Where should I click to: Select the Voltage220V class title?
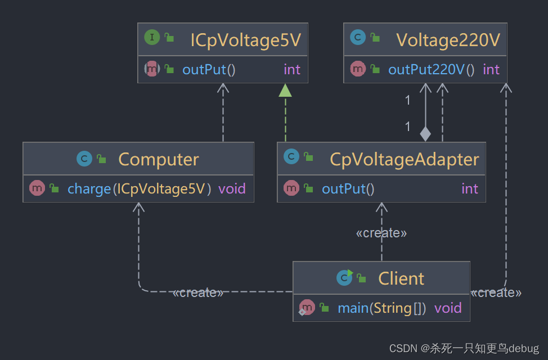[x=448, y=40]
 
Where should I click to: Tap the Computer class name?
[x=158, y=159]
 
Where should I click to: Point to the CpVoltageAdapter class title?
[x=404, y=159]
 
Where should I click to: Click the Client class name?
[x=401, y=278]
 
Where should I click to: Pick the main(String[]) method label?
[x=381, y=308]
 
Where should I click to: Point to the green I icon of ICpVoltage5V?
[x=151, y=38]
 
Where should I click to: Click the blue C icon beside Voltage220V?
[x=357, y=38]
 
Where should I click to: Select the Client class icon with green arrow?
[x=344, y=277]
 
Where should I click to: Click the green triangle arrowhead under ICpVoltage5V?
[x=285, y=90]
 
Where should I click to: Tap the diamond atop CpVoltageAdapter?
[x=425, y=134]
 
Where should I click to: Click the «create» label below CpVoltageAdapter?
[x=381, y=233]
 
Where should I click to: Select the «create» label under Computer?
[x=198, y=292]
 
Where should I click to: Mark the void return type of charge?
[x=232, y=188]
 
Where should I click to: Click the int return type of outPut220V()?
[x=491, y=69]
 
